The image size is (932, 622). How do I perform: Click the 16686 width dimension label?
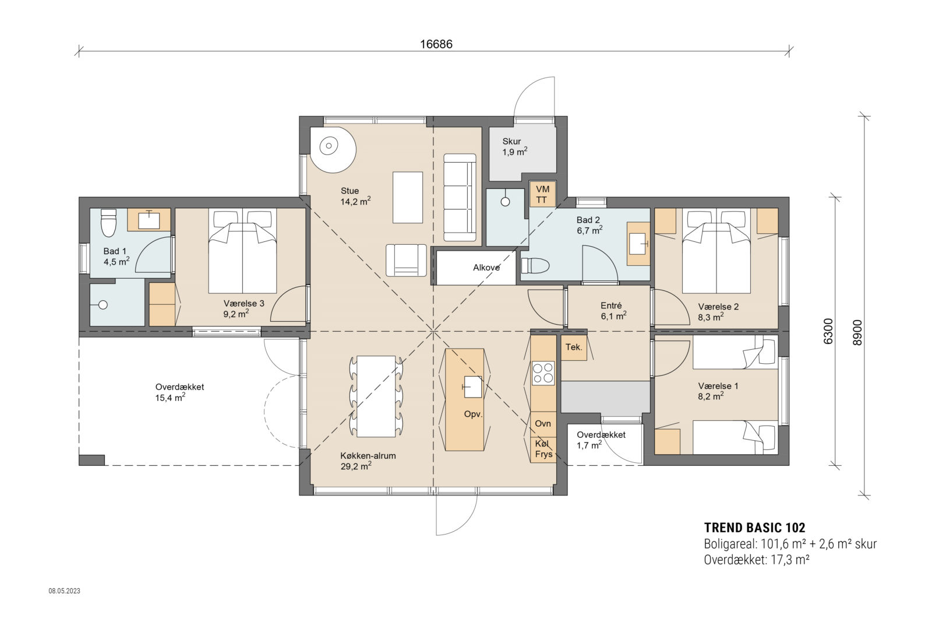pyautogui.click(x=436, y=44)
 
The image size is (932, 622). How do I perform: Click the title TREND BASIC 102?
pyautogui.click(x=754, y=528)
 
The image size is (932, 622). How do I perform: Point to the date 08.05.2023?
pyautogui.click(x=64, y=591)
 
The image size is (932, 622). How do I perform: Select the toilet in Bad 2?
pyautogui.click(x=535, y=266)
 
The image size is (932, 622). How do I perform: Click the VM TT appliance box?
pyautogui.click(x=542, y=195)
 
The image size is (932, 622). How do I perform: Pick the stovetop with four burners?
pyautogui.click(x=543, y=373)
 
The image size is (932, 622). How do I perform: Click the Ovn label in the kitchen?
pyautogui.click(x=542, y=423)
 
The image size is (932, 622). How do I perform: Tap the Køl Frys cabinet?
pyautogui.click(x=543, y=449)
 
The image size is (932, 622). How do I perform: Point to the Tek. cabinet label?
pyautogui.click(x=573, y=347)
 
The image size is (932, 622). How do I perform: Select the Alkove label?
pyautogui.click(x=486, y=268)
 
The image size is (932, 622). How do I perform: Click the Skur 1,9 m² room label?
pyautogui.click(x=514, y=146)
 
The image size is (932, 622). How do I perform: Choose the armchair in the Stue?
pyautogui.click(x=406, y=260)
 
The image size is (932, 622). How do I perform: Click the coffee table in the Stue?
pyautogui.click(x=407, y=197)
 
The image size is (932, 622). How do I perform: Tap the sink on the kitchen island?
pyautogui.click(x=472, y=386)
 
